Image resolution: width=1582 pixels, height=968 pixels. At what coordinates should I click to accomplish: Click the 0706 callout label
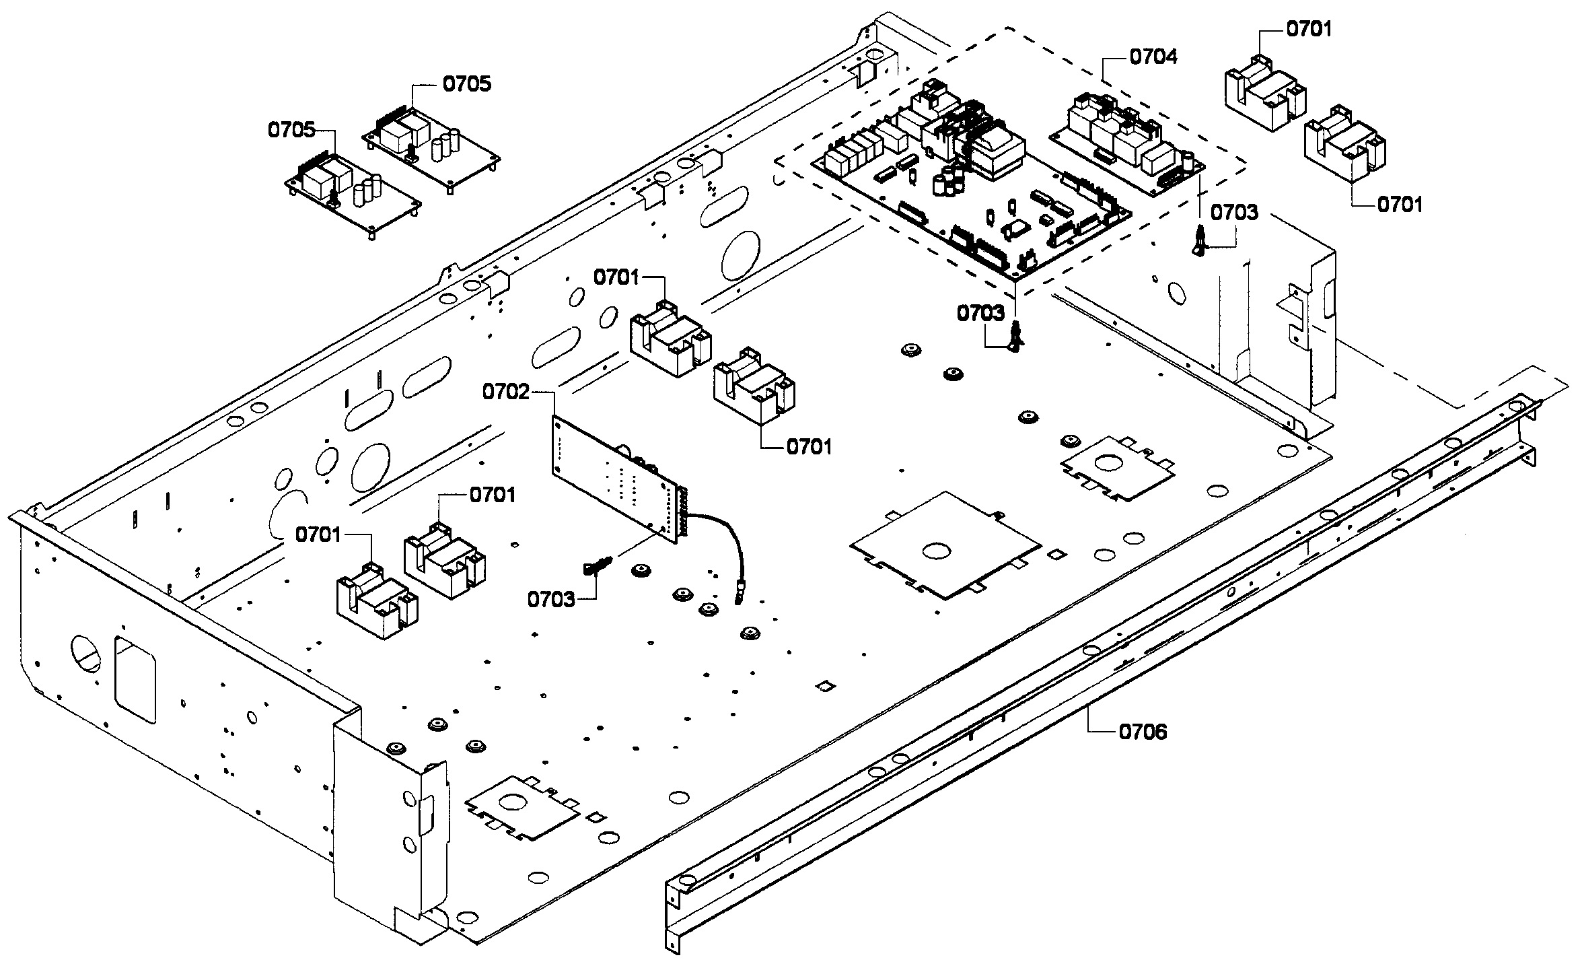[1143, 731]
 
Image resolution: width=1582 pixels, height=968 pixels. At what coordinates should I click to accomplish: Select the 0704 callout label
[1153, 57]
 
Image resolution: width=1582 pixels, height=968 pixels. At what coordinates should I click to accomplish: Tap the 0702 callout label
[506, 392]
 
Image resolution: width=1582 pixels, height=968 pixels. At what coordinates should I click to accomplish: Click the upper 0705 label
[467, 84]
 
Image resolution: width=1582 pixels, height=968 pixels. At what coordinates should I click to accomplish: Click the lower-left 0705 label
[291, 130]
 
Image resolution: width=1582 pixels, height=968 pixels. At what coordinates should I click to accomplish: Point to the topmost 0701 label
[1309, 29]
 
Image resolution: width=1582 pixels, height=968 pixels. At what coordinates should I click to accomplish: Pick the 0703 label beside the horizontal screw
[551, 599]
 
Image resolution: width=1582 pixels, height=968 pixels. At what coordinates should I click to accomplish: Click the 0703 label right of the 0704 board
[1234, 213]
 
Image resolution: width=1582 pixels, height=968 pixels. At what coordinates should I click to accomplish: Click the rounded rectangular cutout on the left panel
[135, 680]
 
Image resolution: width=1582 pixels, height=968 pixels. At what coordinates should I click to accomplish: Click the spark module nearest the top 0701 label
[1264, 96]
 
